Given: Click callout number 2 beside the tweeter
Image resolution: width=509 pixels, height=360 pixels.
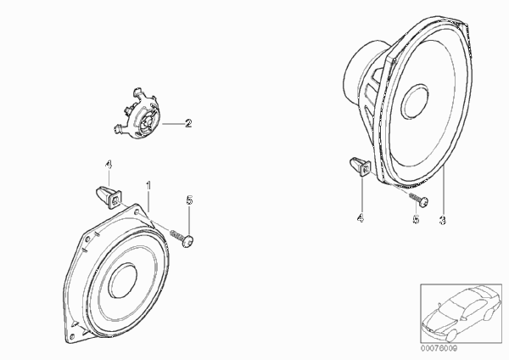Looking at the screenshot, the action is point(188,123).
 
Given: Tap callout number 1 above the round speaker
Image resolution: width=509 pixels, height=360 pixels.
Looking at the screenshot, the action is point(148,186).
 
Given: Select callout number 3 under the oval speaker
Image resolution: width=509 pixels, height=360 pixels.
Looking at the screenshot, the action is point(442,220).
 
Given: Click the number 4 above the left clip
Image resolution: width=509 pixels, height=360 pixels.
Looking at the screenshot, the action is point(109,165).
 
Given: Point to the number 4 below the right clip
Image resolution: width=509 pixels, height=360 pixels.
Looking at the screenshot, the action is point(361,218).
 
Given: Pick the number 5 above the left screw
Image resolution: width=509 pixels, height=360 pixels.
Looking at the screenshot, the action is point(189,200).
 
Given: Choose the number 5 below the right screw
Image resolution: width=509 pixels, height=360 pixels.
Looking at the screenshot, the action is point(416,220).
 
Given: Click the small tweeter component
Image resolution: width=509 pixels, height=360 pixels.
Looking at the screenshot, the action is point(137,114).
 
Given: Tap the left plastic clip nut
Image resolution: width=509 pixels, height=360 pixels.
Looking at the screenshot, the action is point(109,196).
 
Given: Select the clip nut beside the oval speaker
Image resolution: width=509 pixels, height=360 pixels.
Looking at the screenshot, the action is point(361,166).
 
